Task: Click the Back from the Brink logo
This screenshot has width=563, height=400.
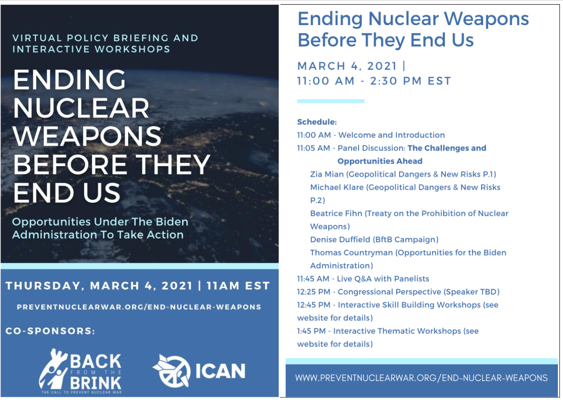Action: [x=80, y=371]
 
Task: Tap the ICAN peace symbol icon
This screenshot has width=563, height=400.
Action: [x=172, y=371]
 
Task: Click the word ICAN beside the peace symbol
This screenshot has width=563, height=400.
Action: [x=220, y=371]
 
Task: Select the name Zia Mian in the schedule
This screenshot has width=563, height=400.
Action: [x=327, y=174]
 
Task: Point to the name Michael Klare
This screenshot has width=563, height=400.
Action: [x=337, y=187]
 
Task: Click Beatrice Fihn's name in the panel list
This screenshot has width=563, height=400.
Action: [x=336, y=213]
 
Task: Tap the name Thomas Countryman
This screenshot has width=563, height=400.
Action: [x=351, y=253]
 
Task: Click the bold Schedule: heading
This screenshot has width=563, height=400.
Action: [x=317, y=122]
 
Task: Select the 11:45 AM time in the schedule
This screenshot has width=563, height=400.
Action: [x=313, y=279]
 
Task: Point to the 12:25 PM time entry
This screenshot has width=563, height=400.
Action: [x=314, y=292]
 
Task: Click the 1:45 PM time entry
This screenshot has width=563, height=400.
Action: [x=311, y=331]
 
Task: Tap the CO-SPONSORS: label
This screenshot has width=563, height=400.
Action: [x=50, y=331]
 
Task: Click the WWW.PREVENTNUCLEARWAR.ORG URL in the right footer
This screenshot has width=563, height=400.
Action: [x=421, y=378]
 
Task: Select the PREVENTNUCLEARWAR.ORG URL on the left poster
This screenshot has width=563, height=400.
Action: [x=139, y=307]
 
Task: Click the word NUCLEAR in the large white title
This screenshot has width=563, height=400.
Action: [x=81, y=108]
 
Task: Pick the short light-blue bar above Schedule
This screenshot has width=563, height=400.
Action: [x=331, y=101]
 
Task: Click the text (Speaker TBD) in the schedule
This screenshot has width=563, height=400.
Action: [x=471, y=292]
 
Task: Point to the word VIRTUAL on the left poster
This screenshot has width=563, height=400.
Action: [x=37, y=38]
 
